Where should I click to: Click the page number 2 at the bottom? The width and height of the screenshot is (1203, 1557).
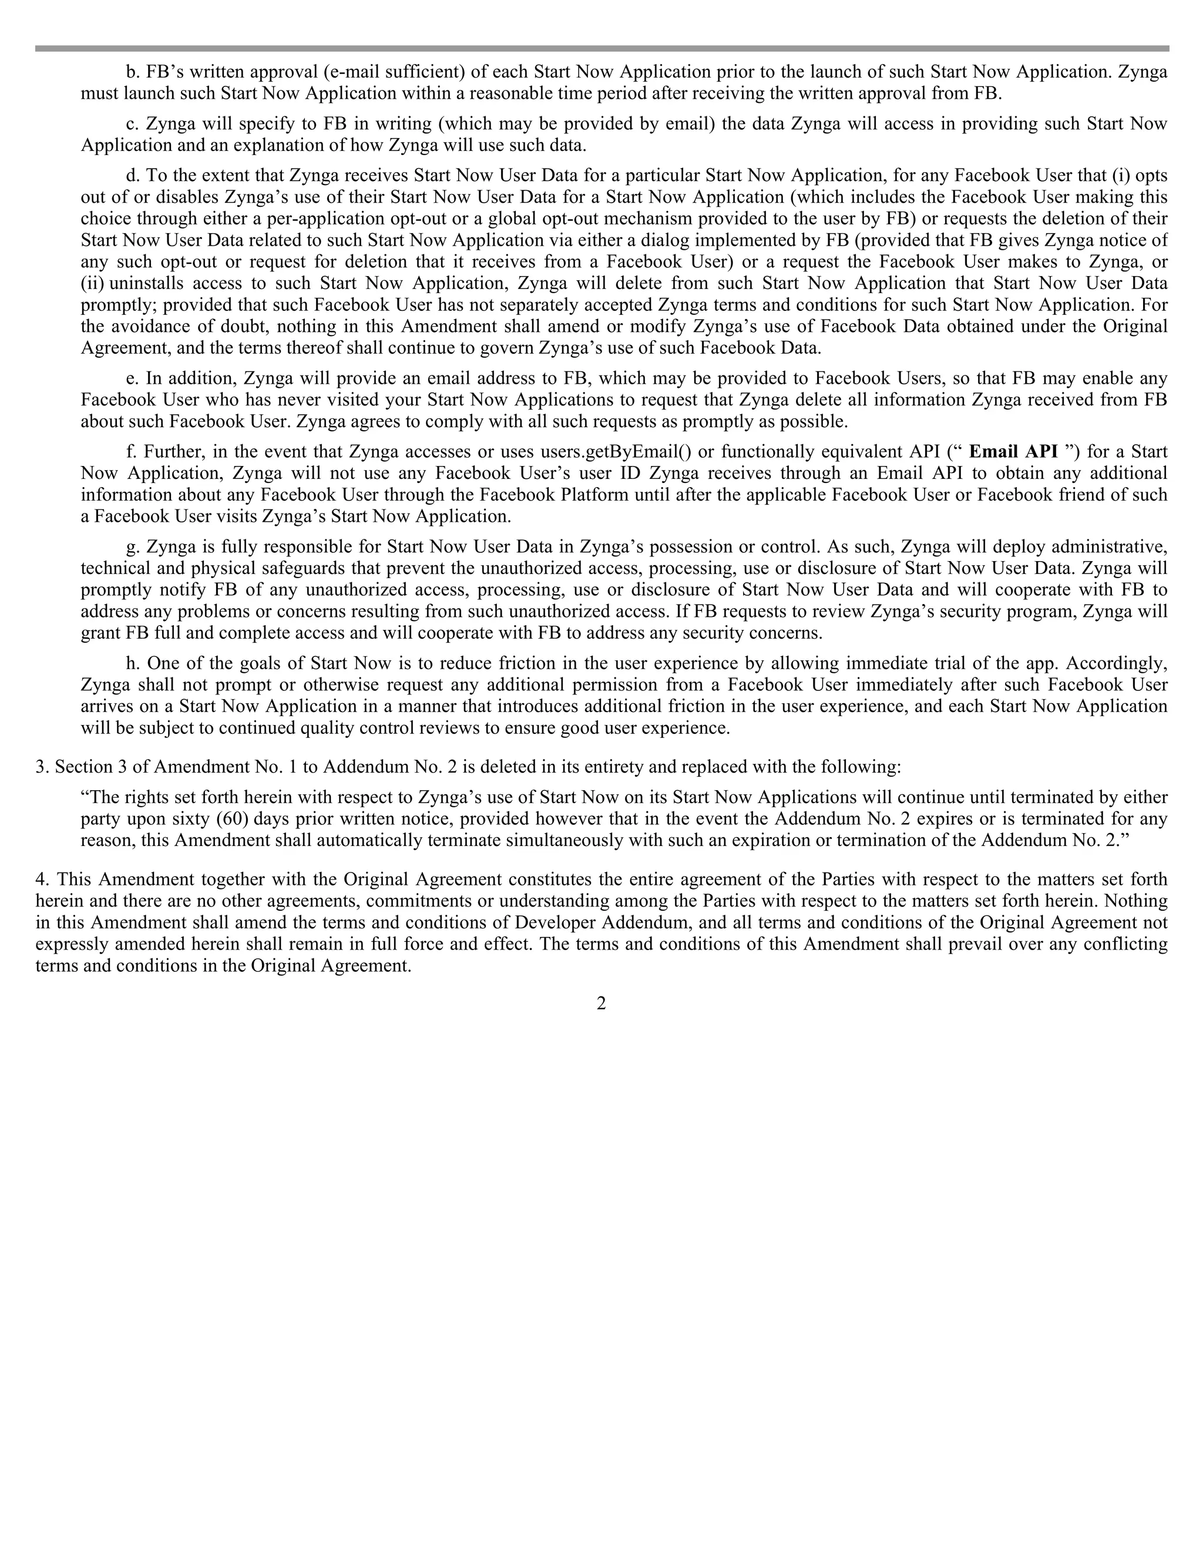(601, 1004)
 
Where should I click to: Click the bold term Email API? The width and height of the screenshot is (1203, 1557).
(1014, 452)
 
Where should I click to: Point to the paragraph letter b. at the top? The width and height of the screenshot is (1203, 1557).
(133, 72)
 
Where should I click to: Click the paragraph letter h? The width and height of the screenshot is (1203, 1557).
(133, 664)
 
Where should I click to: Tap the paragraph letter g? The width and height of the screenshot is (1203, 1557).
(133, 548)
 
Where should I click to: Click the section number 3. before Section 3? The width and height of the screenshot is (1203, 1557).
(41, 767)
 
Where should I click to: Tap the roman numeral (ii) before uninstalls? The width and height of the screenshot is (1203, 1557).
(93, 284)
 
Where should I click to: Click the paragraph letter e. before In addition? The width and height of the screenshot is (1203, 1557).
(133, 378)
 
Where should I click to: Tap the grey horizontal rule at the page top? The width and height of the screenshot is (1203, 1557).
(601, 49)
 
